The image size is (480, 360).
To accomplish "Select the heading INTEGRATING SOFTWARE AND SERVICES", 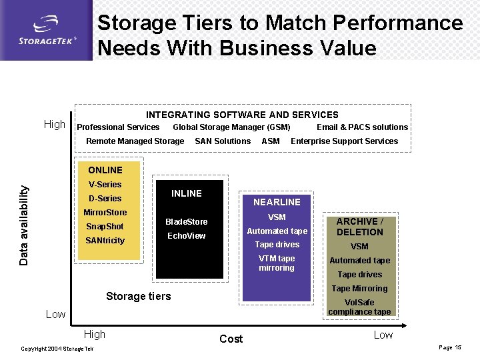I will click(x=242, y=115).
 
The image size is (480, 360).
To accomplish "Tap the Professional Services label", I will click(x=118, y=127).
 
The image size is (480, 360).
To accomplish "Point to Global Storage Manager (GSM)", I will click(x=231, y=127).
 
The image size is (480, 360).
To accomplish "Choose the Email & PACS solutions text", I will click(x=362, y=127).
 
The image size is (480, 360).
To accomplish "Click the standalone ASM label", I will click(x=271, y=141).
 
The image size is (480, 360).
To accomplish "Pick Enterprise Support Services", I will click(x=344, y=141).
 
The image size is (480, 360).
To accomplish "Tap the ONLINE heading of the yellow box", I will click(x=105, y=170).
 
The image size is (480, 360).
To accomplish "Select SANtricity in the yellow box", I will click(x=105, y=240).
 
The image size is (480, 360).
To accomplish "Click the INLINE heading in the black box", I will click(x=187, y=193).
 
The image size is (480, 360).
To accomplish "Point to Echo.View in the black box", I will click(x=187, y=236).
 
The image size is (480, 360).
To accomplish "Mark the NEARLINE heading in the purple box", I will click(x=277, y=202).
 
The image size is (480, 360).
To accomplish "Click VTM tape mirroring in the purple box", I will click(x=277, y=263).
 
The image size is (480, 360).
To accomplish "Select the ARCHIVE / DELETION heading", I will click(x=359, y=227).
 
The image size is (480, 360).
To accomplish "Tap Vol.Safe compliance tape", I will click(x=359, y=307).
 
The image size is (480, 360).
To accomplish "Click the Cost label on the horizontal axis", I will click(x=231, y=339).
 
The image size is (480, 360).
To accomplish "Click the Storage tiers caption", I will click(x=139, y=296).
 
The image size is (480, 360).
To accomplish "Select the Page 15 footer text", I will click(x=449, y=348).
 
